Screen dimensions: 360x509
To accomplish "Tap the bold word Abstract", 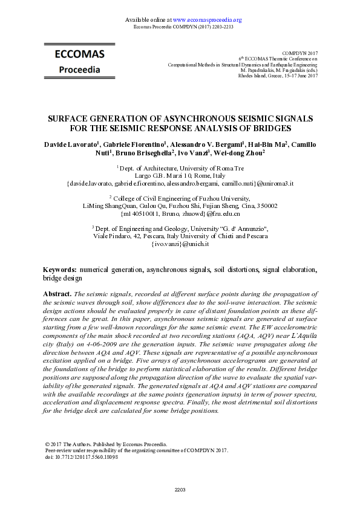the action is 57,293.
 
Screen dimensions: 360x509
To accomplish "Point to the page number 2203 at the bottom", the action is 180,489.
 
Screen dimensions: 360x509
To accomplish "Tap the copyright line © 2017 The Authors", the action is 106,444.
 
